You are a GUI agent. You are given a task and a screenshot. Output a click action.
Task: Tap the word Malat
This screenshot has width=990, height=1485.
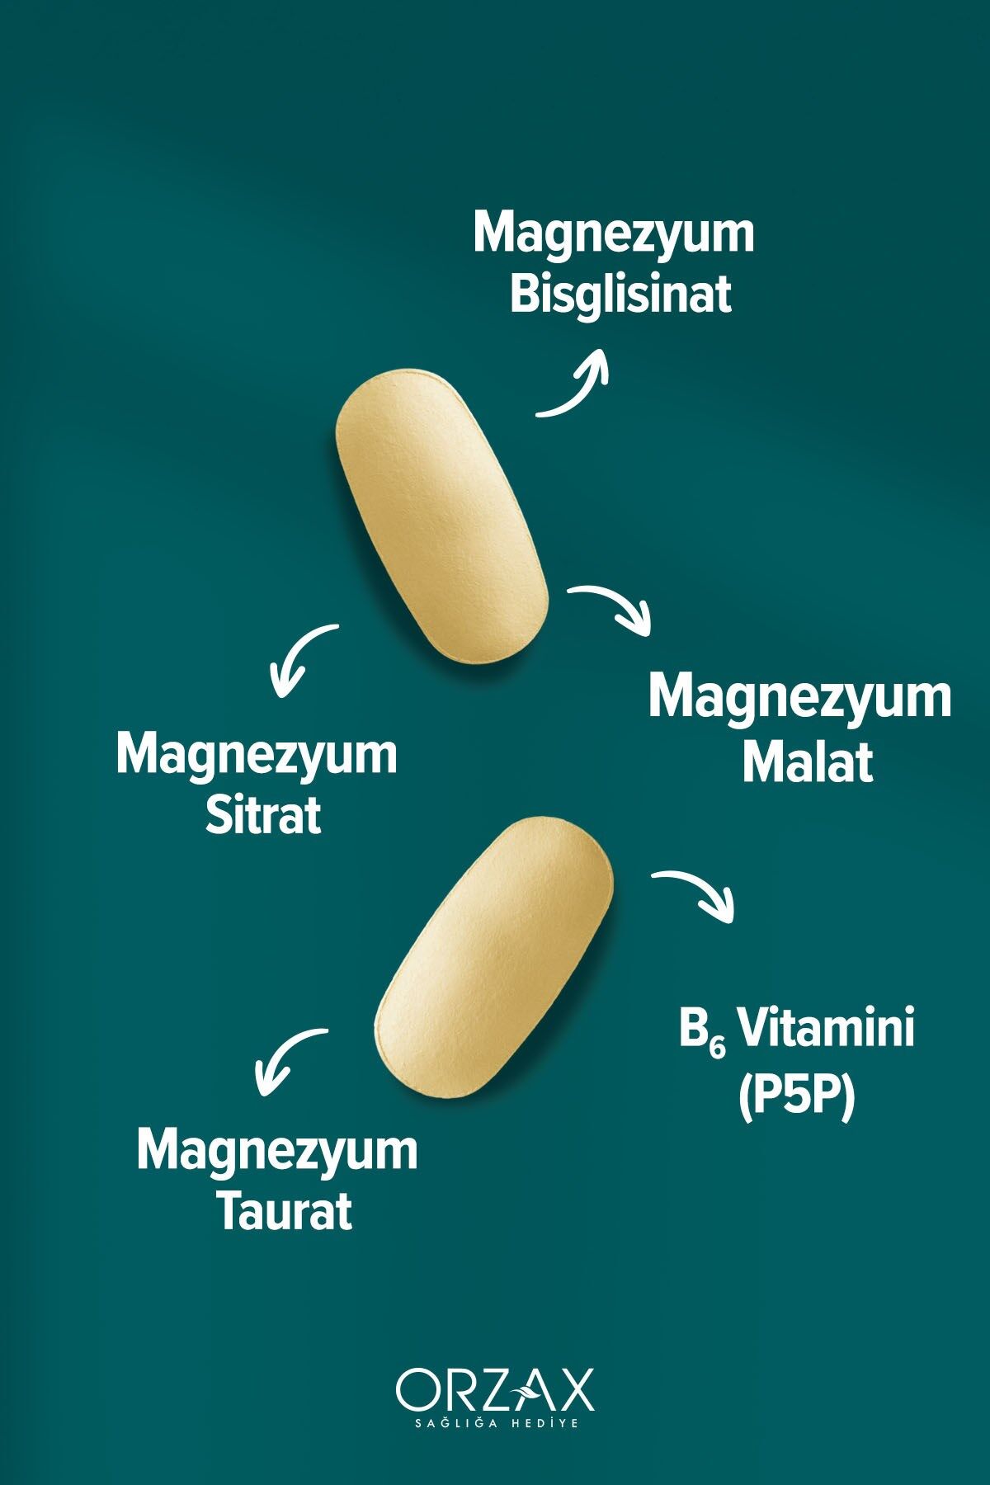click(807, 764)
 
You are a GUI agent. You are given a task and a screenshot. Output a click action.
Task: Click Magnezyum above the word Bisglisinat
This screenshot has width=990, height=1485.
click(614, 234)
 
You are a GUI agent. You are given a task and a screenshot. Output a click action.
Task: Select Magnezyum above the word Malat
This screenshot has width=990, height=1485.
click(799, 697)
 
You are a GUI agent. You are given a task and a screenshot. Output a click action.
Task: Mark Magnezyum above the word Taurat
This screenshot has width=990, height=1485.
click(277, 1151)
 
